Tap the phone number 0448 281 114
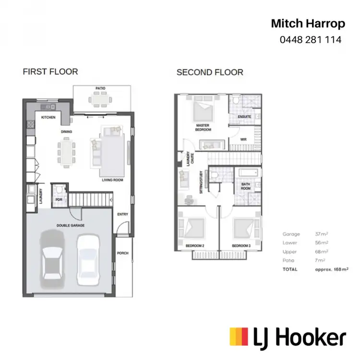pos(310,40)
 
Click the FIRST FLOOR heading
pos(50,72)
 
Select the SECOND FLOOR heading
pos(210,72)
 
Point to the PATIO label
pos(100,88)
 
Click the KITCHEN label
pos(48,117)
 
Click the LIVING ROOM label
pos(112,180)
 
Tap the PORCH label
pos(123,253)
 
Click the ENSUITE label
pos(244,117)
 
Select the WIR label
pos(243,140)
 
